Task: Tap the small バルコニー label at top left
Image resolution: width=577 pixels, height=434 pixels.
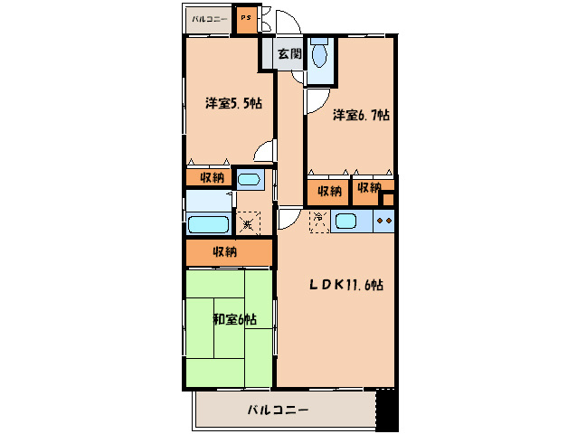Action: tap(210, 18)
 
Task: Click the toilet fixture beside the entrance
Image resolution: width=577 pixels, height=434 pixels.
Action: tap(318, 56)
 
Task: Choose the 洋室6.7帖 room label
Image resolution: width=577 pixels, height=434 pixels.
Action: tap(359, 116)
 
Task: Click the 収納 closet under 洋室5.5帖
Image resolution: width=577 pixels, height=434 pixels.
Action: tap(209, 178)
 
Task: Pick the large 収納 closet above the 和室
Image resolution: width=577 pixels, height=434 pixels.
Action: tap(227, 252)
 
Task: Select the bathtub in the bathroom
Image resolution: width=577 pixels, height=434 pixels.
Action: tap(208, 225)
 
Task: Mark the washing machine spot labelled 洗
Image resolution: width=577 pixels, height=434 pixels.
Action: tap(247, 222)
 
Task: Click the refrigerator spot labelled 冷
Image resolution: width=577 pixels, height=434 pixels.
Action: tap(318, 221)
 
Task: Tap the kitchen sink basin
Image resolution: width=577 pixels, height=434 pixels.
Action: tap(346, 221)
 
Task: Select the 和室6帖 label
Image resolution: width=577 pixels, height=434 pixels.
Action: tap(233, 319)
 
